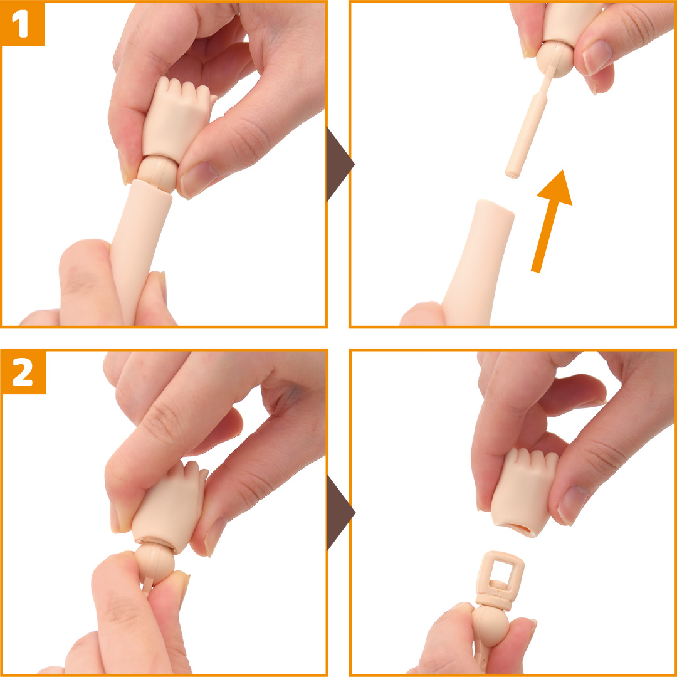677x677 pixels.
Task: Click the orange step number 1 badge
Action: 23,23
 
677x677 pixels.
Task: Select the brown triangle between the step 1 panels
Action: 340,164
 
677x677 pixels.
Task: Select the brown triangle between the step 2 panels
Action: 340,513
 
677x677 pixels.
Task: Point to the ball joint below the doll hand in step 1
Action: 157,173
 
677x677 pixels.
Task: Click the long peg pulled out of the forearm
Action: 528,126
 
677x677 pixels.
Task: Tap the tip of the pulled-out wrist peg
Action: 513,175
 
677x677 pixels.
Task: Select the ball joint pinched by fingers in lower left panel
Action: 155,563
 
